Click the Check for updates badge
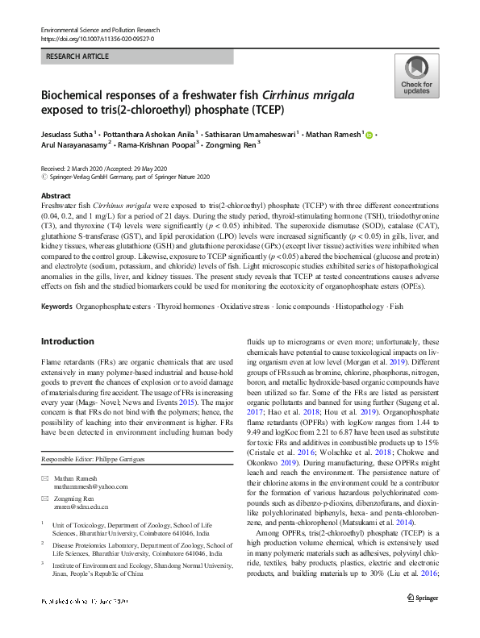[416, 77]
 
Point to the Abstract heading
[55, 196]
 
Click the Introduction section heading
[67, 364]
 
